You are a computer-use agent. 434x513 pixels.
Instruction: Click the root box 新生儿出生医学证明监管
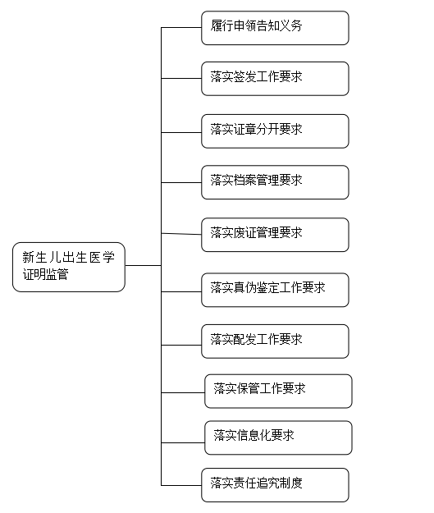pyautogui.click(x=69, y=267)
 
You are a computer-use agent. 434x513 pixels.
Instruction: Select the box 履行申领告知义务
pyautogui.click(x=275, y=28)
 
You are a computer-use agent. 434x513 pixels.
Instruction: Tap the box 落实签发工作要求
pyautogui.click(x=275, y=79)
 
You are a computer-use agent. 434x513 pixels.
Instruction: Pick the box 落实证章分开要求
pyautogui.click(x=275, y=131)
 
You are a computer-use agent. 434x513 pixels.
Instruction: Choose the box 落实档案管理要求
pyautogui.click(x=275, y=182)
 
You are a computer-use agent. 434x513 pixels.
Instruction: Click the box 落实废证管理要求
pyautogui.click(x=275, y=235)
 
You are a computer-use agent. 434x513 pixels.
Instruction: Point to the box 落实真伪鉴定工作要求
pyautogui.click(x=275, y=291)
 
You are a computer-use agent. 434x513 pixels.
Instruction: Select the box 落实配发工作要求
pyautogui.click(x=275, y=341)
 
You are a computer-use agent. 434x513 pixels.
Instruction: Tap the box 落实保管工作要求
pyautogui.click(x=278, y=392)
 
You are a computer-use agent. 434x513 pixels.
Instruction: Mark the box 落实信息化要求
pyautogui.click(x=278, y=437)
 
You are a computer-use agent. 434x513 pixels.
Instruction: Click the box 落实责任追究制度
pyautogui.click(x=275, y=485)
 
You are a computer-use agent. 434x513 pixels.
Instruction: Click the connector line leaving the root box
pyautogui.click(x=144, y=265)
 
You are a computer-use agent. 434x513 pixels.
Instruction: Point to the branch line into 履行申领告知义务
pyautogui.click(x=181, y=27)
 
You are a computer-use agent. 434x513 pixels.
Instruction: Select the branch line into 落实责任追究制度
pyautogui.click(x=181, y=485)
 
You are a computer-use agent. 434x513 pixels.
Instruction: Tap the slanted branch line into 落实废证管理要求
pyautogui.click(x=181, y=234)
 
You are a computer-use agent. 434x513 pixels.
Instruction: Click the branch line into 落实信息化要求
pyautogui.click(x=183, y=442)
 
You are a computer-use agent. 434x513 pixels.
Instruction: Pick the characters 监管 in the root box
pyautogui.click(x=57, y=274)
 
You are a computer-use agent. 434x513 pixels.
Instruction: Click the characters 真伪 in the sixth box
pyautogui.click(x=245, y=287)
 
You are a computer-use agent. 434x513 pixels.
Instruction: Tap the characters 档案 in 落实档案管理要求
pyautogui.click(x=245, y=180)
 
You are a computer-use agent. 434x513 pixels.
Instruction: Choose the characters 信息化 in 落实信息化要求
pyautogui.click(x=254, y=435)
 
